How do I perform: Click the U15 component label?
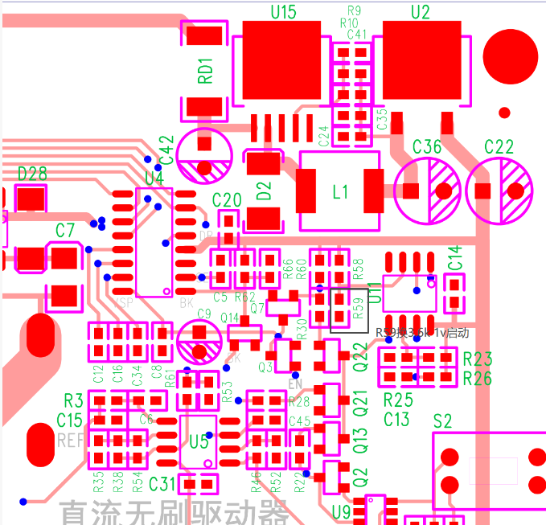click(282, 11)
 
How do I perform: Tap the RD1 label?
click(206, 71)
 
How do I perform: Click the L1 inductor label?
click(341, 192)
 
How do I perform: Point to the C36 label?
click(427, 146)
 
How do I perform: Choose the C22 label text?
click(499, 146)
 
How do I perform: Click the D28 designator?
click(32, 174)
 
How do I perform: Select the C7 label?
click(65, 231)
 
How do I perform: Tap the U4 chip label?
click(154, 178)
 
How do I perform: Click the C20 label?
click(227, 200)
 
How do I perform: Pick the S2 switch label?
click(442, 421)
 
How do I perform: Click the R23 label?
click(478, 359)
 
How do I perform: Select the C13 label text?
click(396, 419)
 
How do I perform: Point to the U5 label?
click(199, 441)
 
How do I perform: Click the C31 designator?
click(162, 483)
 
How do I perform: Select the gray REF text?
click(71, 441)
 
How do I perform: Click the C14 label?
click(455, 258)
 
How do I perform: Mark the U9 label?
click(341, 511)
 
